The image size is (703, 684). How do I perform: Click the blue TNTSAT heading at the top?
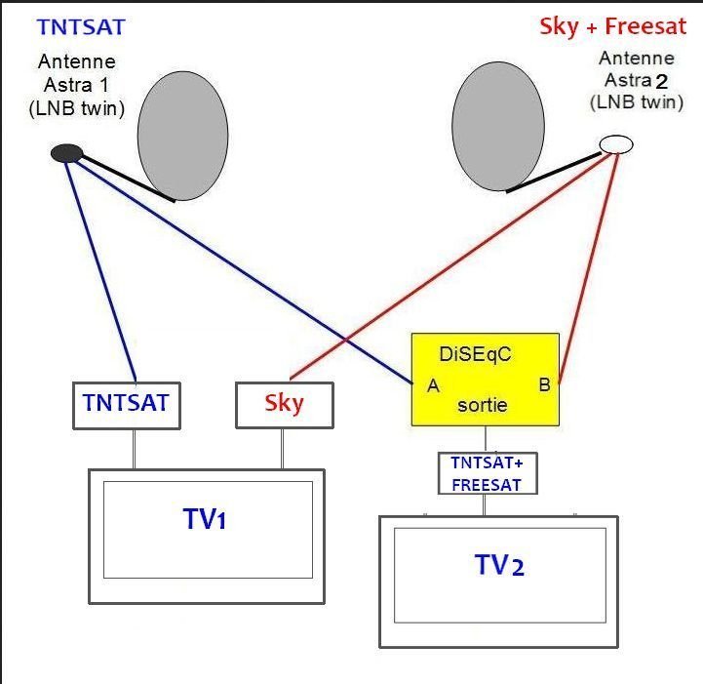(x=81, y=27)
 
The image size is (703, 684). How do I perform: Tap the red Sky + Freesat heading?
(x=613, y=26)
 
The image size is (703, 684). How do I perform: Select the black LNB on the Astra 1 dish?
(x=67, y=153)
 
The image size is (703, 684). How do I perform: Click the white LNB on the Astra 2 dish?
(x=616, y=144)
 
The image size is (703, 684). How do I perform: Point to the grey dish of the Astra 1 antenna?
(x=182, y=136)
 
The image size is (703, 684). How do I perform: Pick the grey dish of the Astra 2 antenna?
(x=498, y=127)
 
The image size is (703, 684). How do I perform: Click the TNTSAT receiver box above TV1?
(x=127, y=406)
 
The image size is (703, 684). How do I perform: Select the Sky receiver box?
(x=285, y=405)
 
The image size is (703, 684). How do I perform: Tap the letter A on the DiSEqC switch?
(x=433, y=385)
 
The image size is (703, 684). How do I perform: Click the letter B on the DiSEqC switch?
(x=544, y=384)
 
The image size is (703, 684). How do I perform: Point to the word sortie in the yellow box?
(x=483, y=405)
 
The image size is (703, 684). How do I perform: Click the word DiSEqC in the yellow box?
(x=475, y=354)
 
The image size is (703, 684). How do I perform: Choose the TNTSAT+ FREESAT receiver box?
(x=488, y=473)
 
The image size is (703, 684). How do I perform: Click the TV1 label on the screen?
(x=205, y=519)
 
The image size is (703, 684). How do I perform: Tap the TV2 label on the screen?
(x=499, y=565)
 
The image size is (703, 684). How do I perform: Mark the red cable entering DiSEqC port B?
(x=589, y=267)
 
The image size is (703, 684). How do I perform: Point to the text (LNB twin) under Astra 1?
(x=77, y=108)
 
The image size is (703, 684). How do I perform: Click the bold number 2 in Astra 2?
(x=662, y=82)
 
